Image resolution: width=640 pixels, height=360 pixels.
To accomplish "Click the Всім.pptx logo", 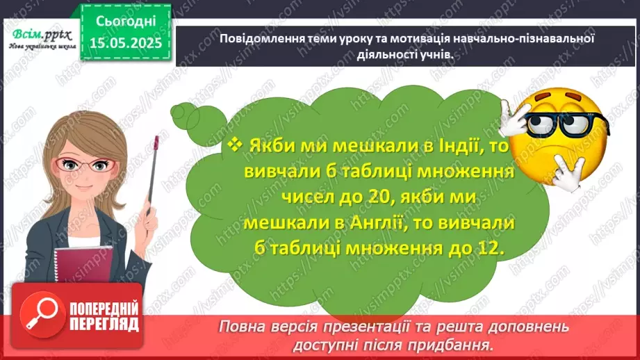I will (x=40, y=35).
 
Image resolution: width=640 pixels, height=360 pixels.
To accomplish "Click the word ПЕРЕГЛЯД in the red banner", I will (x=104, y=324).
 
